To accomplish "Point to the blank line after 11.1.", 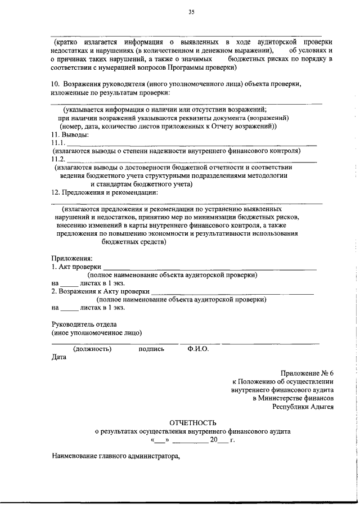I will pos(191,145).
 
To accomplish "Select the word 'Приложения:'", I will pos(68,258).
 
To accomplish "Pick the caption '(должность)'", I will pos(92,349).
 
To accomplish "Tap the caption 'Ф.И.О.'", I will pos(198,349).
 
